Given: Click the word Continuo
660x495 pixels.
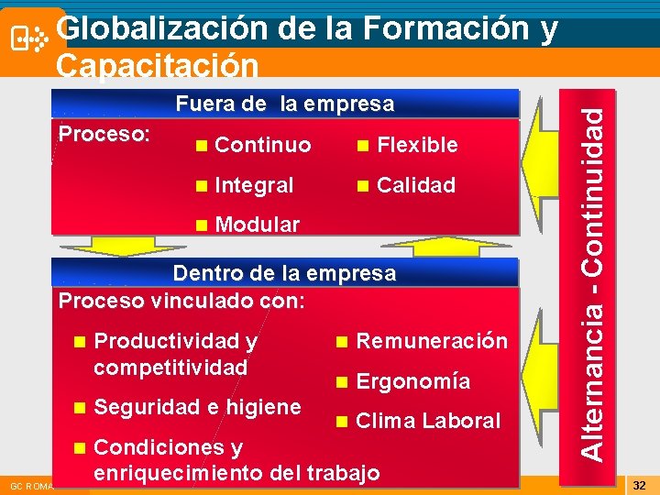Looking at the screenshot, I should point(262,146).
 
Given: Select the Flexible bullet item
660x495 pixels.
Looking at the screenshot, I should point(417,145).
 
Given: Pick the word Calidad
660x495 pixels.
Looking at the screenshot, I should point(416,185).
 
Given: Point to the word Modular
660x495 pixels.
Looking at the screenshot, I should point(257,225).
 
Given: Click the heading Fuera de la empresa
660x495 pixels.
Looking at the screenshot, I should point(284,104).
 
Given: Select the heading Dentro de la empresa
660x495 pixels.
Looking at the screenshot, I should point(284,273).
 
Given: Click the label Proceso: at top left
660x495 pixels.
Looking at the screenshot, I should point(104,134).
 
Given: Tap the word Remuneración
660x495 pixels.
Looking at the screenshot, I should point(432,341).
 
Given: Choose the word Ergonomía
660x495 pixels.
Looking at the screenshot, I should point(412,381).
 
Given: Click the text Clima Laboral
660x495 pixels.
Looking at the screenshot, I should point(428,421).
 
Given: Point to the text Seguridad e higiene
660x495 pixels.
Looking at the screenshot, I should point(197,407).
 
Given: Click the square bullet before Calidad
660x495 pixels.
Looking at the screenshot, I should point(364,186).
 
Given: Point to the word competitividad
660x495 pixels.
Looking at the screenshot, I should point(170,368).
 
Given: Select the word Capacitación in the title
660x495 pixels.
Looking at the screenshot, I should point(157,66).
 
